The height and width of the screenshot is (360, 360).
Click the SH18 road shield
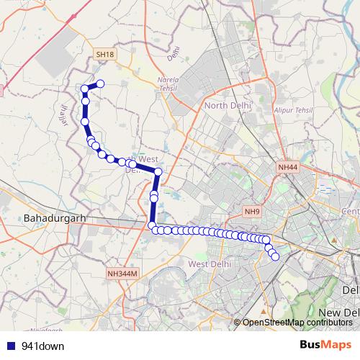[x=104, y=54]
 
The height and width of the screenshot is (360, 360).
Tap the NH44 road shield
[x=287, y=168]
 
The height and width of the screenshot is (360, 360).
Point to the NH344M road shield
[x=122, y=274]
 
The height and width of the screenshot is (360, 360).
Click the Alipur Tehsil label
[x=293, y=109]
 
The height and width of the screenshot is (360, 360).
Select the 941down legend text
[x=43, y=346]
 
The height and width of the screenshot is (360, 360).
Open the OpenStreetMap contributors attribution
[x=297, y=323]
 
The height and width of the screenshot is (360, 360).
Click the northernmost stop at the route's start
[x=101, y=84]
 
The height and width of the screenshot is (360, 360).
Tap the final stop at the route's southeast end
[x=275, y=256]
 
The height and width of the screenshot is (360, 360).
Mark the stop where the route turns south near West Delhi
[x=158, y=171]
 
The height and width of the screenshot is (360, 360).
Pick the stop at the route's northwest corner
[x=85, y=89]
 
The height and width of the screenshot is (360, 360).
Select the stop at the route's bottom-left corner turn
[x=152, y=226]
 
